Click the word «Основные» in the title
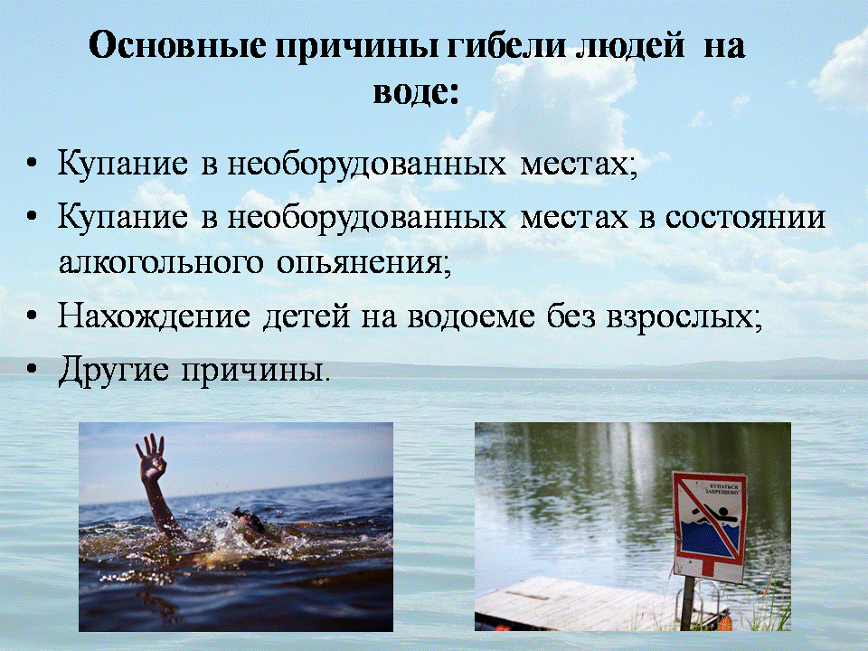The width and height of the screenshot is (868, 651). coord(177,45)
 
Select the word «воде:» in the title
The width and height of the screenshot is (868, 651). coord(416,92)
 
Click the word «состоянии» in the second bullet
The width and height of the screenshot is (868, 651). coord(746,216)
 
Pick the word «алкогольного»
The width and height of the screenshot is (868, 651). coord(161,262)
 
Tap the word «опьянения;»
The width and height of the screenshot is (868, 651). coord(363,263)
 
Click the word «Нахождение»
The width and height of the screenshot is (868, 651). coord(154,317)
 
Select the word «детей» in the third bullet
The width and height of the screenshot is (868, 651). coord(307,317)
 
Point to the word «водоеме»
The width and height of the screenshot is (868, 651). coord(471,317)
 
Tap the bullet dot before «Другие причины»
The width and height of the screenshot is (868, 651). coord(33,369)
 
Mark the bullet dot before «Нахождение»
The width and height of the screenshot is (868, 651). coord(33,316)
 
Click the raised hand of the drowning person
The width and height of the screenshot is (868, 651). coord(152,456)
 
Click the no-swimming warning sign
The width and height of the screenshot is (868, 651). coord(709,526)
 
